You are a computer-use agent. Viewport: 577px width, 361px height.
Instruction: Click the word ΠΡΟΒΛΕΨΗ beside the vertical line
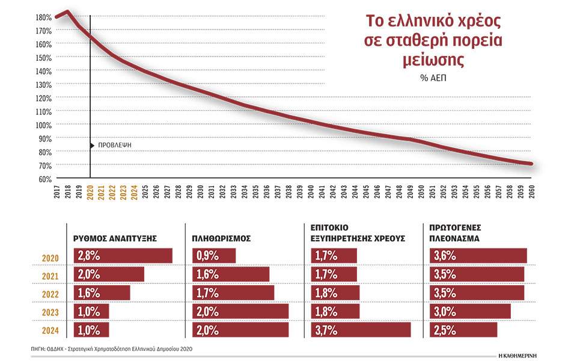[x=114, y=145]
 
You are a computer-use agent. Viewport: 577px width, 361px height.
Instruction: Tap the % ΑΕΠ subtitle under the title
[x=433, y=78]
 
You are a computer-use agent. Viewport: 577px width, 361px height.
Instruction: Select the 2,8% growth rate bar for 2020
[x=123, y=256]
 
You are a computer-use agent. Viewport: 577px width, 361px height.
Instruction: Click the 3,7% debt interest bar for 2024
[x=361, y=330]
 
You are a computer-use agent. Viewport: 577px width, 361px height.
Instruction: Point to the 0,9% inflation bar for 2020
[x=214, y=256]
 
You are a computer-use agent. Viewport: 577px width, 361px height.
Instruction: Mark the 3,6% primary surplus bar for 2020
[x=477, y=256]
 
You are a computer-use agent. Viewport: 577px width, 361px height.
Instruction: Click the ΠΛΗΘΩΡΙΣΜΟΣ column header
[x=222, y=238]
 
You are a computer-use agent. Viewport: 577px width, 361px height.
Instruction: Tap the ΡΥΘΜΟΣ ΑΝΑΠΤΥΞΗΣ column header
[x=115, y=238]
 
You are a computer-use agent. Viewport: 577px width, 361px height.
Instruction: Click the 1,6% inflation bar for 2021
[x=231, y=274]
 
